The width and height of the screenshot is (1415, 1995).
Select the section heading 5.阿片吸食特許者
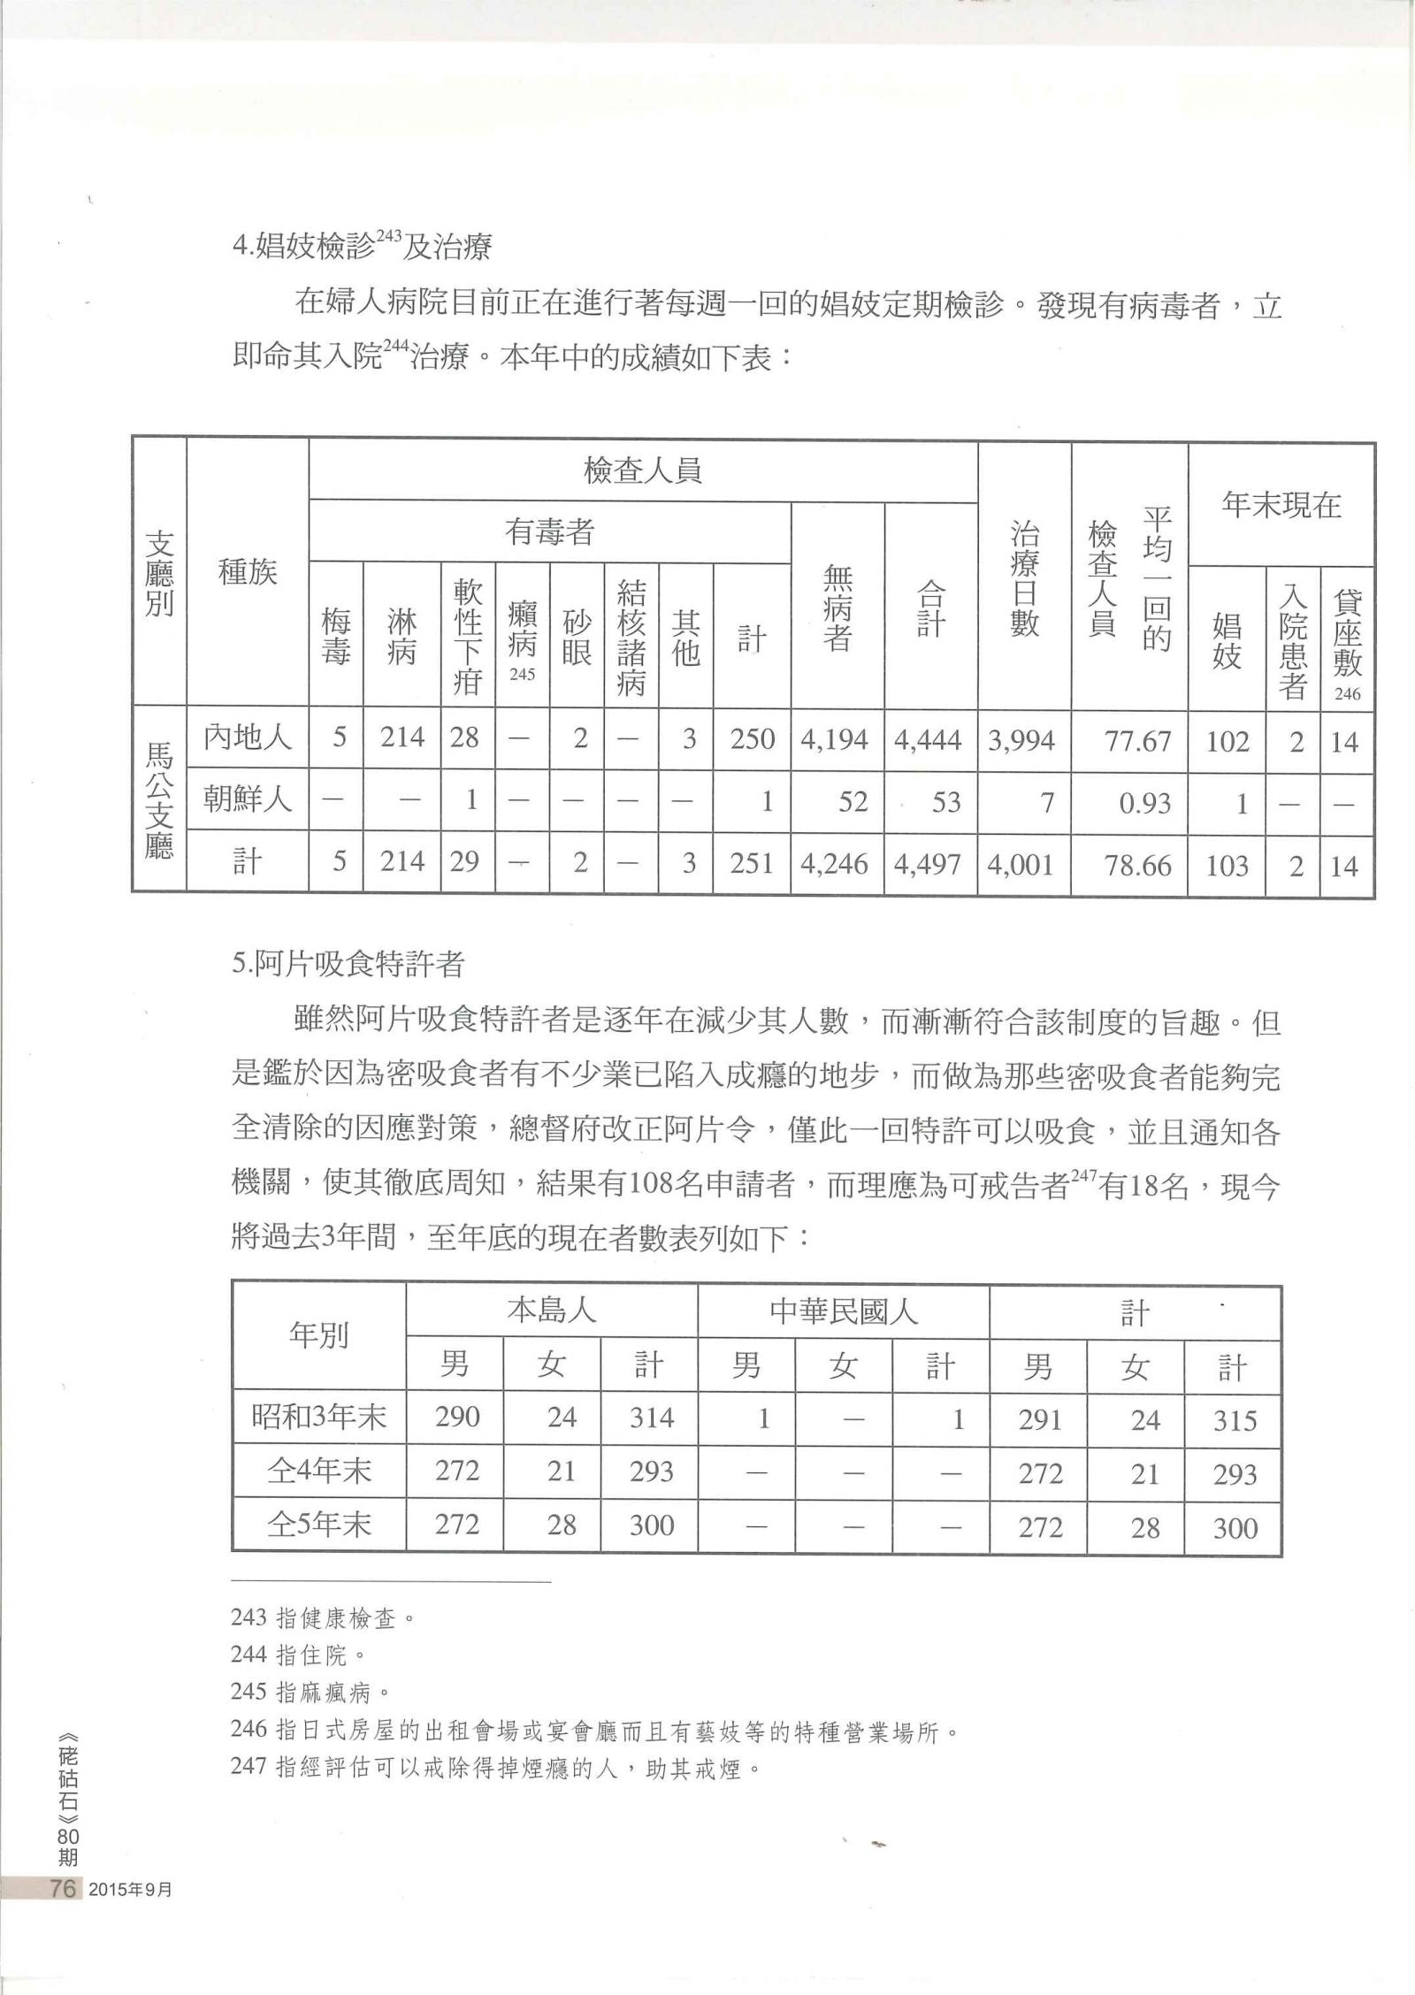[348, 963]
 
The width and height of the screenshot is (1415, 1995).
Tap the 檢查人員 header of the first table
[643, 470]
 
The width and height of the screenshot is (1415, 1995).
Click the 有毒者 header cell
[549, 532]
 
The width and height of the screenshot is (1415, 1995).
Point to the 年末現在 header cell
[1281, 506]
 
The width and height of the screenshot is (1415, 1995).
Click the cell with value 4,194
[837, 739]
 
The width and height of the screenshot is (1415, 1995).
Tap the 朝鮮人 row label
[247, 801]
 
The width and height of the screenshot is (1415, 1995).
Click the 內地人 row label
[247, 738]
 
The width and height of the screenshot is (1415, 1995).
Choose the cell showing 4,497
[930, 864]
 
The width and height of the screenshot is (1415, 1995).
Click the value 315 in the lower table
[1234, 1421]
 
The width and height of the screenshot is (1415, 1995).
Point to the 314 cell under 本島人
[652, 1419]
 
